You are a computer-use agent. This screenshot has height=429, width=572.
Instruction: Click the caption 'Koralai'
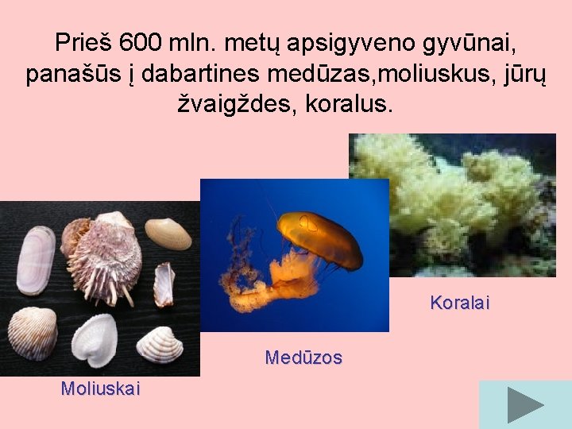pyautogui.click(x=460, y=303)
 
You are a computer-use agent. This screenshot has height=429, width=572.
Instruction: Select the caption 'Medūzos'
pyautogui.click(x=303, y=357)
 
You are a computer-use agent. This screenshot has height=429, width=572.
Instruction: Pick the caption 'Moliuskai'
pyautogui.click(x=100, y=388)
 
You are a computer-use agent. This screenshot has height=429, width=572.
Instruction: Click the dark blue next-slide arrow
pyautogui.click(x=524, y=405)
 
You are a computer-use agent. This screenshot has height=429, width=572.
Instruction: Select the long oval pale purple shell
pyautogui.click(x=36, y=261)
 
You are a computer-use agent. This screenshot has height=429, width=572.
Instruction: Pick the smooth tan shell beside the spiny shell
pyautogui.click(x=168, y=233)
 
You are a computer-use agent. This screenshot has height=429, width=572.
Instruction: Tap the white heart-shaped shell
pyautogui.click(x=95, y=339)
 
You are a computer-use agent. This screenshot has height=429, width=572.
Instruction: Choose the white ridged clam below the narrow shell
pyautogui.click(x=160, y=345)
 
